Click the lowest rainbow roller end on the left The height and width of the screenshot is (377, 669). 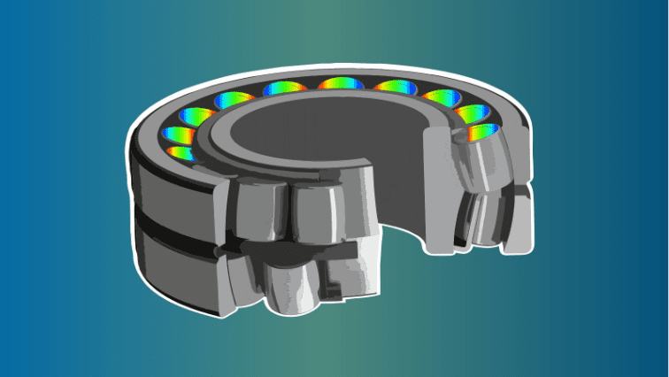coord(180,152)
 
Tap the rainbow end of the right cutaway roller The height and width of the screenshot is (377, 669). coord(482,133)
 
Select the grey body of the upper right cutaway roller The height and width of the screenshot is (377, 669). coord(482,165)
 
